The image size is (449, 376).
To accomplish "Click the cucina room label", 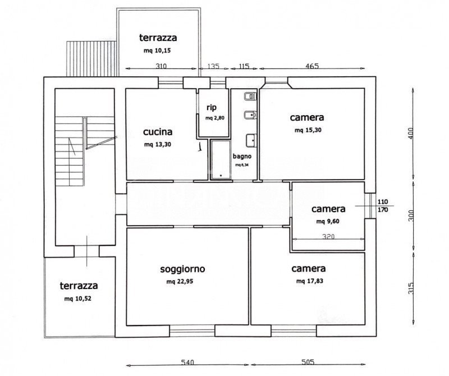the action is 158,132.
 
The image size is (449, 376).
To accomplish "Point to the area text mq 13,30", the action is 158,144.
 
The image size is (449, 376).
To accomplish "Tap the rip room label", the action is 212,108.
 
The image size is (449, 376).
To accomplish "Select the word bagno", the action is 242,157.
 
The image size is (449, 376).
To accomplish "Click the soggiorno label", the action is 183,269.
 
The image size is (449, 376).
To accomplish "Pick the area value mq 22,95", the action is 180,282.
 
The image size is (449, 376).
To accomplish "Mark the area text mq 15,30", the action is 308,130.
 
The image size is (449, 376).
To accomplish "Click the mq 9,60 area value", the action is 328,221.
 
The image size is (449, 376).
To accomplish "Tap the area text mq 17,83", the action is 310,281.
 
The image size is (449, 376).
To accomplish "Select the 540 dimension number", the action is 187,363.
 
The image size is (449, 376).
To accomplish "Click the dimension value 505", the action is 308,363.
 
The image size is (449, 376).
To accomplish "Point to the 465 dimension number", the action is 312,66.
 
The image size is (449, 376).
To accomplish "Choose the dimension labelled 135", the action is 213,66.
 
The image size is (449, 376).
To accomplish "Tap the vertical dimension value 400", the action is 411,134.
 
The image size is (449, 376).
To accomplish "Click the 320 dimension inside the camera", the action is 328,236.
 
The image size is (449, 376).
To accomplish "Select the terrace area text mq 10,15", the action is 157,51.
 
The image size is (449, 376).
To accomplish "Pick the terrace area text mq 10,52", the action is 78,299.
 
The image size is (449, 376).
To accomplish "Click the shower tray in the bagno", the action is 221,159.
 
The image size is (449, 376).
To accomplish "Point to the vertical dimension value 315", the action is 411,288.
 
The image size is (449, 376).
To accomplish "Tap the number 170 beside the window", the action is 383,210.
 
